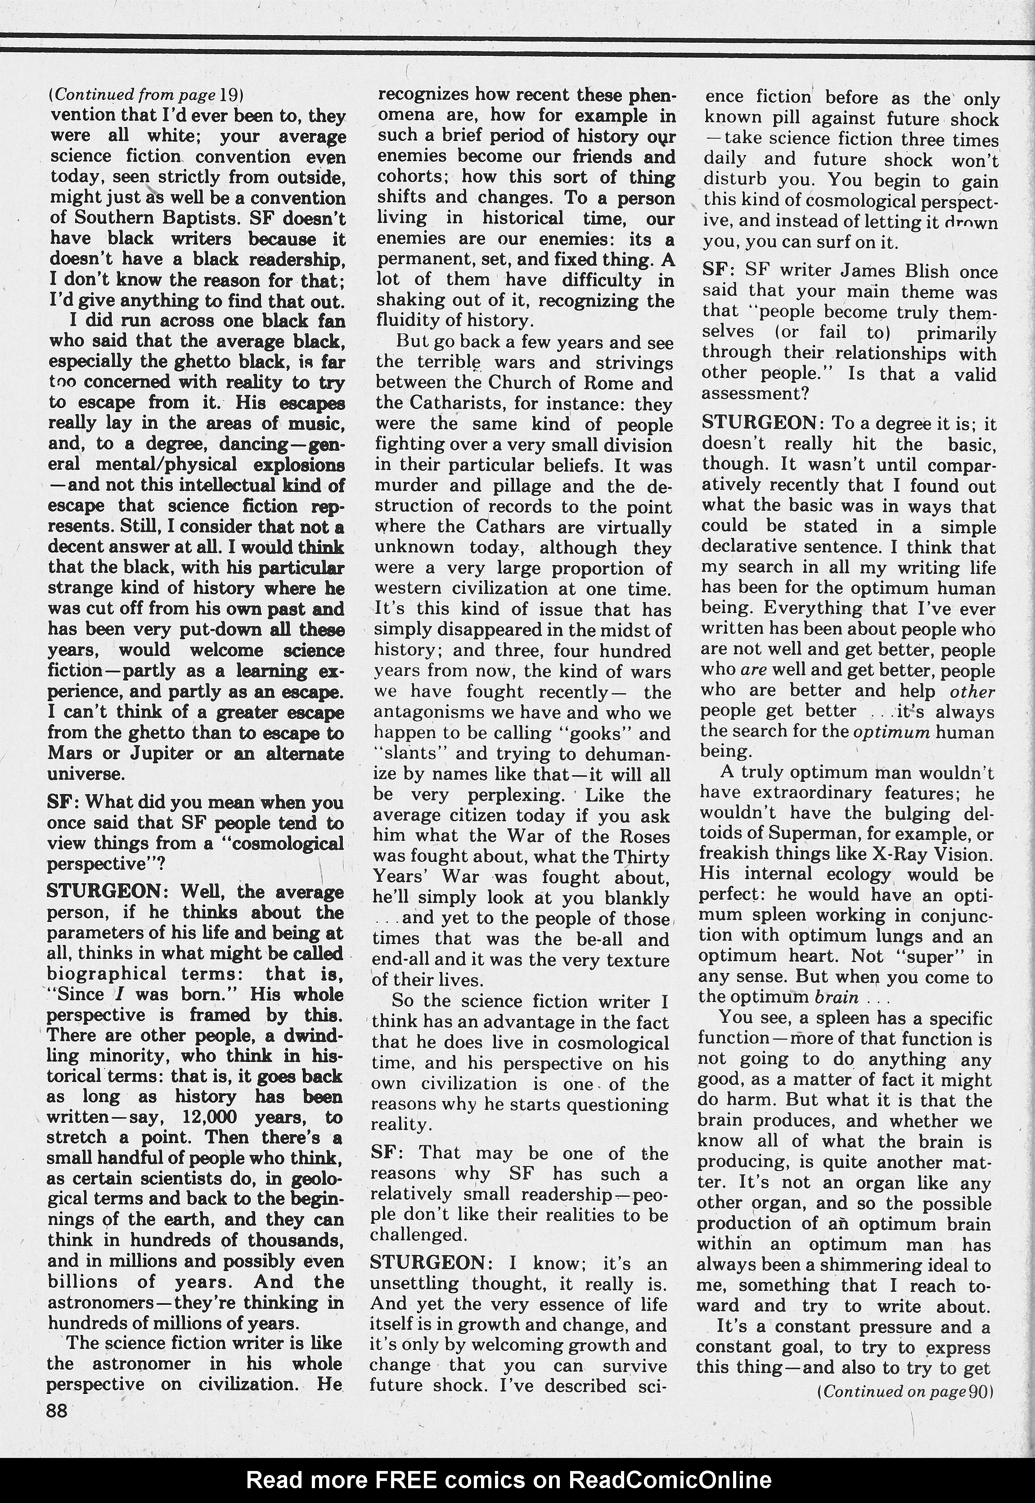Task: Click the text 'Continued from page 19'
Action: pos(146,95)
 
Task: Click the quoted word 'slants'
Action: pos(405,754)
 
